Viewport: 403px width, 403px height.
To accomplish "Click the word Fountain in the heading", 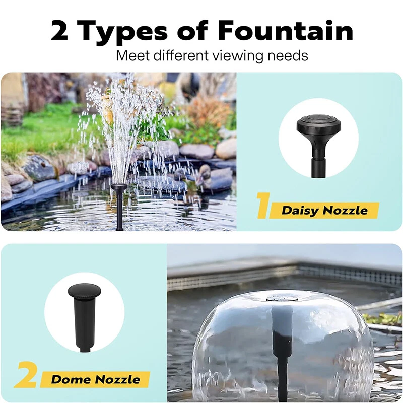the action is tap(285, 30).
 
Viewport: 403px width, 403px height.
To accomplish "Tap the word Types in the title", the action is tap(122, 33).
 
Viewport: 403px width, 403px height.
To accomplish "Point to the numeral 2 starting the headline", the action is tap(59, 30).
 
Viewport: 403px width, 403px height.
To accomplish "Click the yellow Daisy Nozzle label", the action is tap(324, 210).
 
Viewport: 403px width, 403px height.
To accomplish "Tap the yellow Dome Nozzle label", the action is tap(95, 379).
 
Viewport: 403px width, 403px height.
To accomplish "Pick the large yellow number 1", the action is tap(263, 206).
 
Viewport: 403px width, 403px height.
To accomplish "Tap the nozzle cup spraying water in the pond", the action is tap(119, 187).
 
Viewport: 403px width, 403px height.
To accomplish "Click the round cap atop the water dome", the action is tap(282, 298).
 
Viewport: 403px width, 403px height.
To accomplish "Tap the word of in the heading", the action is tap(193, 30).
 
